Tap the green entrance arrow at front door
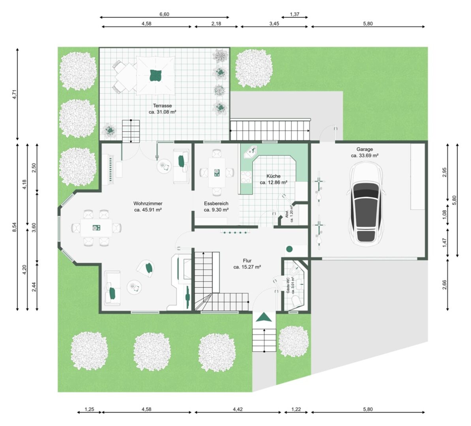[x=264, y=317]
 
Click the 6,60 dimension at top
[x=164, y=15]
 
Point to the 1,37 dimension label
[x=295, y=15]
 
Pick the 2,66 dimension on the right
[x=445, y=285]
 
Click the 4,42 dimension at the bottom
[x=238, y=409]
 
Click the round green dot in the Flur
[x=289, y=248]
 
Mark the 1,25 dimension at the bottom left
[x=89, y=409]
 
